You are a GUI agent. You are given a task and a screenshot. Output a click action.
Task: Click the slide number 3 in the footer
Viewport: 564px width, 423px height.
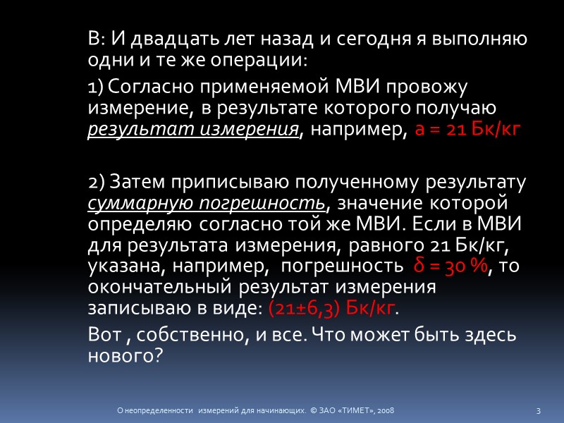[539, 410]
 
